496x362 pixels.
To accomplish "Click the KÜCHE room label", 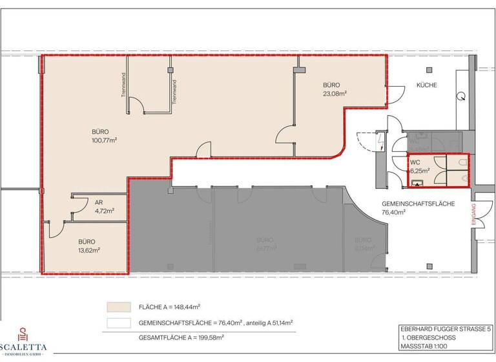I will [427, 85].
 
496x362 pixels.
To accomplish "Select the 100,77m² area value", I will [104, 139].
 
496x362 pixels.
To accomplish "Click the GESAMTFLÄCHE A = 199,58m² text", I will [180, 337].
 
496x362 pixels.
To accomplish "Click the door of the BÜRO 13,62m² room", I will [53, 228].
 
